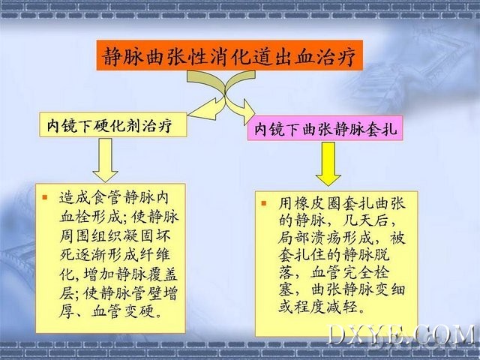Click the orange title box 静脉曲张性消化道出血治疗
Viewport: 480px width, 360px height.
(x=229, y=55)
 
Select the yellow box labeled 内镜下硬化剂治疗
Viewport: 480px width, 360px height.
(x=113, y=124)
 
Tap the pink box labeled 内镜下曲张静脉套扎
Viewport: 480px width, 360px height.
(x=325, y=128)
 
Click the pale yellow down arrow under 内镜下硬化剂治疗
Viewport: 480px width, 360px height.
(x=105, y=160)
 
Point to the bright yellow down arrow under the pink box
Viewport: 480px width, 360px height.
(x=328, y=163)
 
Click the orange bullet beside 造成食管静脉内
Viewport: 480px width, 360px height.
(x=45, y=197)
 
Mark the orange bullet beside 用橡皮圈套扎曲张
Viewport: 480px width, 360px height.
(x=264, y=203)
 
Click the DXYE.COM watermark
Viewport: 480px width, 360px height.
(x=401, y=335)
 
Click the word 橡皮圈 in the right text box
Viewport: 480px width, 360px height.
(x=319, y=203)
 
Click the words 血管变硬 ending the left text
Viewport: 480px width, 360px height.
(x=122, y=311)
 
